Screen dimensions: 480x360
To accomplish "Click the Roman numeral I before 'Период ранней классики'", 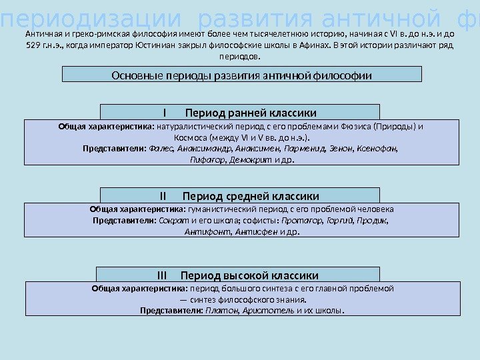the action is coord(163,111).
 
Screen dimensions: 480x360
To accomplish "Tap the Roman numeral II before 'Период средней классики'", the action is coord(165,196).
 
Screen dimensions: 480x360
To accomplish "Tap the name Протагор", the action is coord(301,220).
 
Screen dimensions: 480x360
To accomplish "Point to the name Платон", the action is coord(219,310).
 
